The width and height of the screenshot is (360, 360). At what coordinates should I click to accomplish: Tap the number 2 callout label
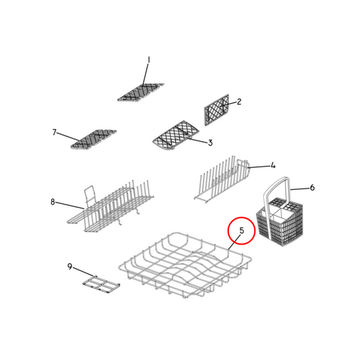pos(238,102)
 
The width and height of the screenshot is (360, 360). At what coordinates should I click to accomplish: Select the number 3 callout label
pos(210,143)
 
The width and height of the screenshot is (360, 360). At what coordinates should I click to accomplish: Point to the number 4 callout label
pos(273,165)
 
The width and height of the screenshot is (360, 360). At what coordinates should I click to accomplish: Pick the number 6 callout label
pos(312,188)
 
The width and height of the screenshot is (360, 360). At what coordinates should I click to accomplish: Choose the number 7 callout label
pos(54,132)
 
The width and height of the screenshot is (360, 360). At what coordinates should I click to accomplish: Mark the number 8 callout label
pos(52,201)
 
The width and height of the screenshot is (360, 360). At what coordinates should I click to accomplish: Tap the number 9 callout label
pos(70,267)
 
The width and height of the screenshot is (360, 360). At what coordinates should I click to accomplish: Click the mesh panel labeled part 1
pos(141,92)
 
